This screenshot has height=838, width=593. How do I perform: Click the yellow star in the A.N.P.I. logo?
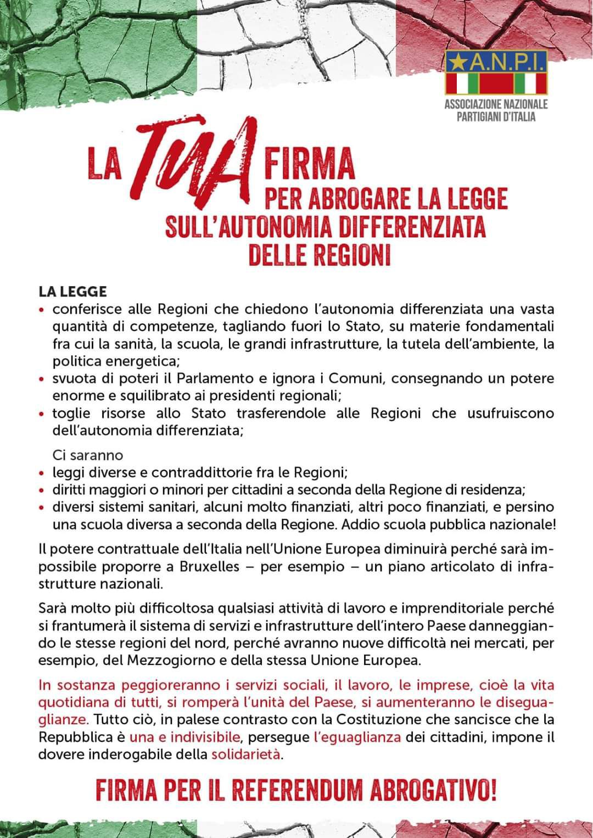455,63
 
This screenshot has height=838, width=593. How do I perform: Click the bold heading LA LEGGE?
72,291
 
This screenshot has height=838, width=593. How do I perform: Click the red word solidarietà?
246,754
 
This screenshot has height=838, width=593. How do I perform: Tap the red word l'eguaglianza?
357,737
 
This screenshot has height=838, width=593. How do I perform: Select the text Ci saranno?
88,455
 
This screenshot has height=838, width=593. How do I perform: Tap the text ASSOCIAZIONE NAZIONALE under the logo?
496,104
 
